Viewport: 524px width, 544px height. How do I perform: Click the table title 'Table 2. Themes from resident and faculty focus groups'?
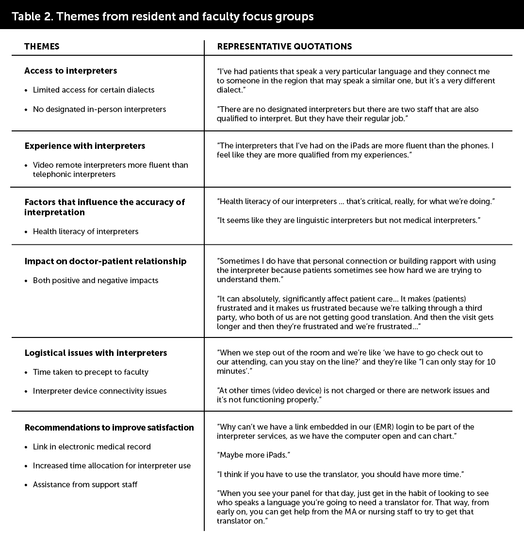click(x=163, y=16)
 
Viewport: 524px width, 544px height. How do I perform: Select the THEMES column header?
click(x=42, y=47)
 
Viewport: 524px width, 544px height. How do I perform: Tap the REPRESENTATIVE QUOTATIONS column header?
click(x=284, y=47)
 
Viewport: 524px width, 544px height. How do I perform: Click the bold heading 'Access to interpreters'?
click(x=71, y=71)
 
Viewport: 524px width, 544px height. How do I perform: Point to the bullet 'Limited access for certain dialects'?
click(x=94, y=90)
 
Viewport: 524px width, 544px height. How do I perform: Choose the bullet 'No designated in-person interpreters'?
click(x=99, y=110)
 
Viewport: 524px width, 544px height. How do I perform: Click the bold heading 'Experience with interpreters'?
click(x=85, y=146)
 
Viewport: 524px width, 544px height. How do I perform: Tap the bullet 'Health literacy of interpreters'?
click(x=86, y=232)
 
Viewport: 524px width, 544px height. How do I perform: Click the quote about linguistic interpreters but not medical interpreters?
click(x=348, y=221)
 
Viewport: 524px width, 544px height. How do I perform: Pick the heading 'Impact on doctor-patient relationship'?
click(x=105, y=261)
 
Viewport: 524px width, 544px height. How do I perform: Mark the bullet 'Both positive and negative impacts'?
click(x=96, y=281)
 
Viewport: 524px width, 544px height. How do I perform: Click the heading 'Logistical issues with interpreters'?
click(x=96, y=353)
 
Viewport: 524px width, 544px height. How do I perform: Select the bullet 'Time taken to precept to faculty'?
click(x=91, y=372)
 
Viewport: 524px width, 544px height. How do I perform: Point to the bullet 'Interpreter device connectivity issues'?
click(x=100, y=391)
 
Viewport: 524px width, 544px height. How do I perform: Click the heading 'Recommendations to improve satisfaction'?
click(x=109, y=428)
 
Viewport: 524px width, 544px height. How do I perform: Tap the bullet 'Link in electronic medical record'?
click(x=92, y=447)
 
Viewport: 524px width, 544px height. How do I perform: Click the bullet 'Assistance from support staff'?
click(x=85, y=485)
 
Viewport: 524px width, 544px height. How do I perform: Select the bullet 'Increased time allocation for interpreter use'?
click(x=112, y=466)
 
